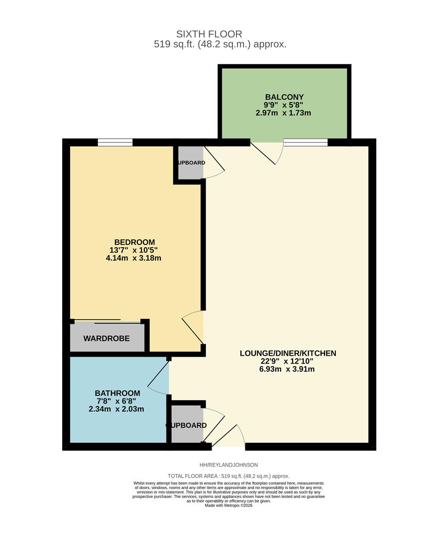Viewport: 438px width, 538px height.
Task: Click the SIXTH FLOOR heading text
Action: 209,34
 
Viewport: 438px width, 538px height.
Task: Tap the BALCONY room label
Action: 284,97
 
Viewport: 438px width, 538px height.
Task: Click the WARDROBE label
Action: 107,338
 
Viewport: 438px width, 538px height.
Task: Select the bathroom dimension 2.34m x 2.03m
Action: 116,409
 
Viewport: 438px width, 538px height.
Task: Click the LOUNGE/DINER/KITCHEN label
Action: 288,353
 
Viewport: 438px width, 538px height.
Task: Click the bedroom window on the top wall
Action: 115,142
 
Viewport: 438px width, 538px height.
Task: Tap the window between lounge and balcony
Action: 306,142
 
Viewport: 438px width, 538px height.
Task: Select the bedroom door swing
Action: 193,326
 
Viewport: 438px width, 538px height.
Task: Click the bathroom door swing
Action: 159,378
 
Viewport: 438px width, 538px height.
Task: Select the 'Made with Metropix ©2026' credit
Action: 228,505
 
